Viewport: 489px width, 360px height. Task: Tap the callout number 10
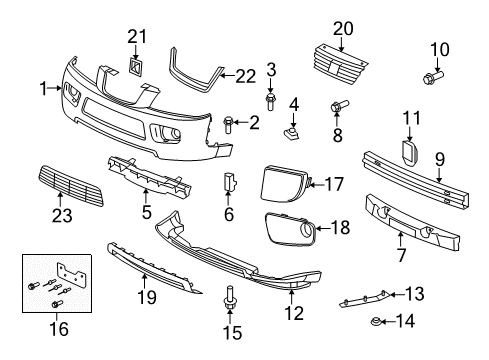[440, 49]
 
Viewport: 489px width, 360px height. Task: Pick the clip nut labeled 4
[294, 129]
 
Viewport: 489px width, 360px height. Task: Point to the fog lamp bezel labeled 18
[290, 237]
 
